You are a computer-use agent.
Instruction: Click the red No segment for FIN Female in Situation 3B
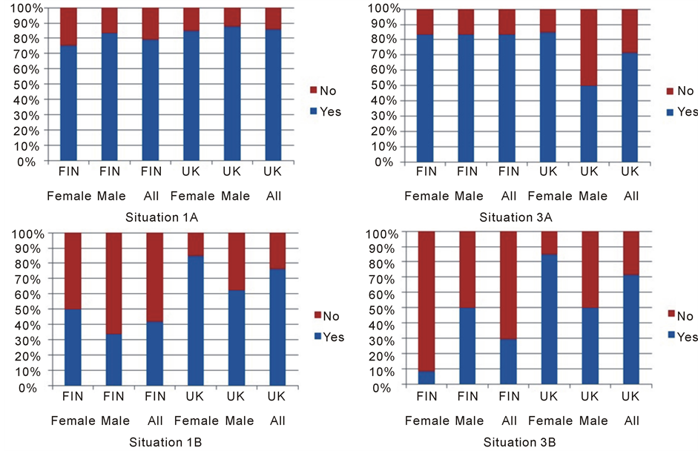click(x=427, y=301)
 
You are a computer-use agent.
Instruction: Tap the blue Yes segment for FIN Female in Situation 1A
click(x=68, y=103)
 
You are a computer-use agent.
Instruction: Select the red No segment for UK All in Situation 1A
click(x=273, y=19)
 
